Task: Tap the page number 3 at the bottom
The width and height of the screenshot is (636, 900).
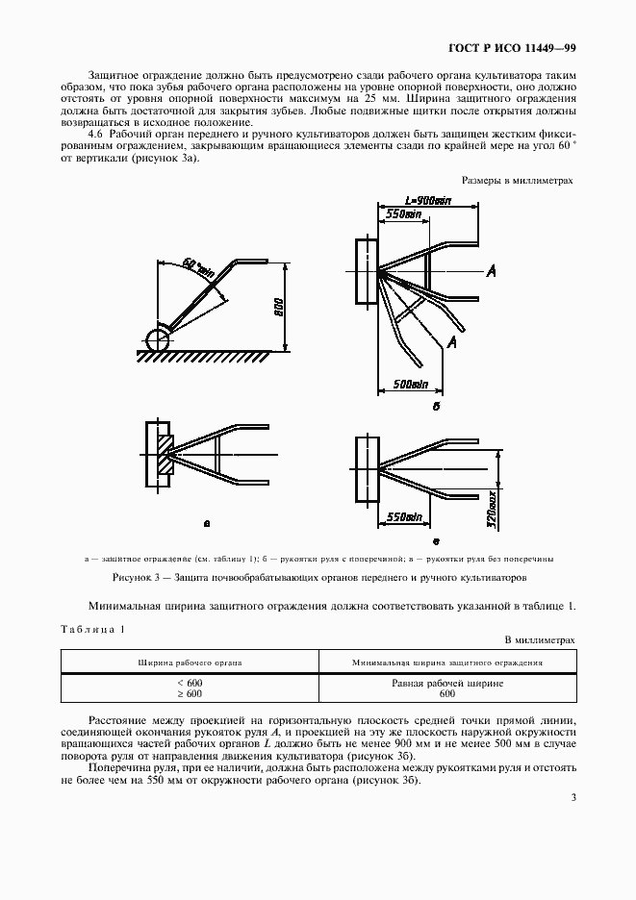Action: pos(572,796)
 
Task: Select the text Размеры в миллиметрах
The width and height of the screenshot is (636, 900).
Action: pos(518,180)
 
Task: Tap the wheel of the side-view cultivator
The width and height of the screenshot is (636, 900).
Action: pos(158,338)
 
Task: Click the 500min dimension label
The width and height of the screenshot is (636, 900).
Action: pos(411,385)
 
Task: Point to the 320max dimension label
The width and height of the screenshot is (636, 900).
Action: pos(491,509)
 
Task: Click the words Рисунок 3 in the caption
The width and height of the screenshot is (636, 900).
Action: pos(134,577)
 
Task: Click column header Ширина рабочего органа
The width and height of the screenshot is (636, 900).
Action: pos(190,662)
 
